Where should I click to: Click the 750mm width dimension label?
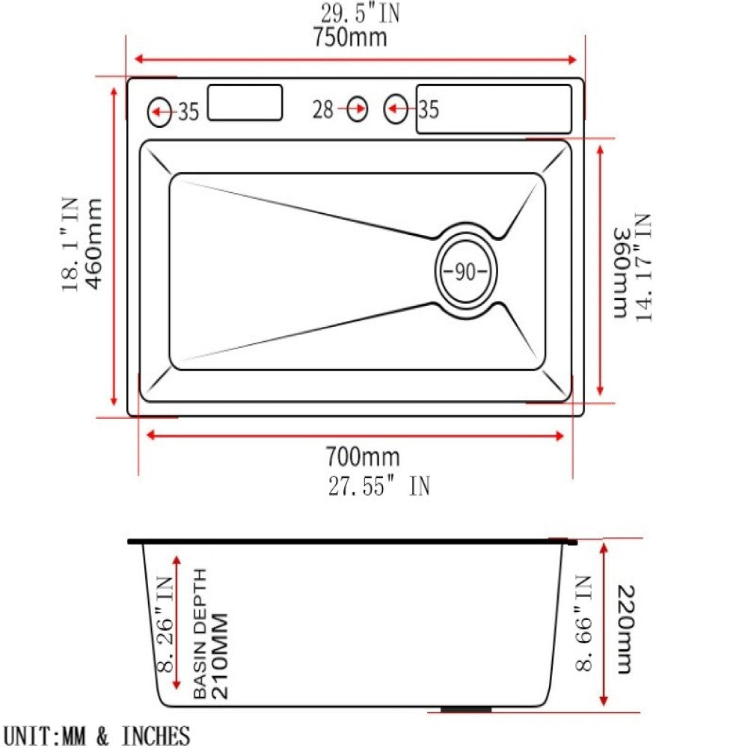[x=350, y=37]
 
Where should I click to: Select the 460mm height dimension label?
[x=94, y=243]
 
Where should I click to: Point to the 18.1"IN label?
[x=70, y=243]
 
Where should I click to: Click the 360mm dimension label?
[x=620, y=273]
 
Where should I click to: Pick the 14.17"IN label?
[x=643, y=268]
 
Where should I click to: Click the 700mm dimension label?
[x=362, y=456]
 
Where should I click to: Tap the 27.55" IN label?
[x=378, y=486]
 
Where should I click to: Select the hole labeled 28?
[x=358, y=110]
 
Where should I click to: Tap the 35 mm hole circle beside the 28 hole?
[x=396, y=110]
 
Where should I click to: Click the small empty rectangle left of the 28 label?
[x=245, y=102]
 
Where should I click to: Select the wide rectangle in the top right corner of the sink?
[x=494, y=109]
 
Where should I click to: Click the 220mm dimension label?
[x=625, y=629]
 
